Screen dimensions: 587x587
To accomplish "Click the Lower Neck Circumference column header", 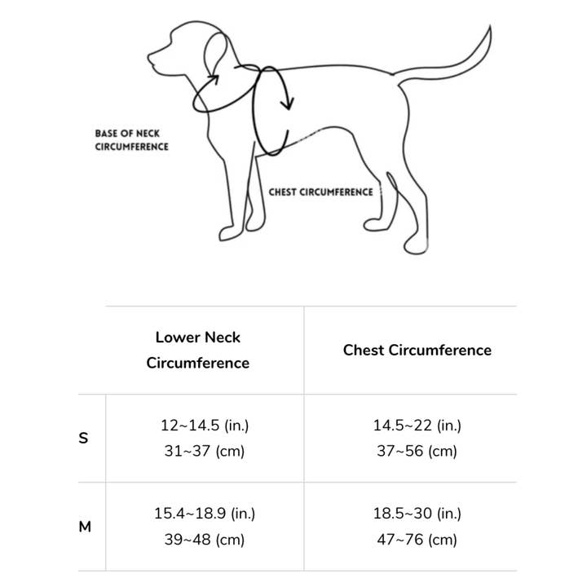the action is tap(198, 350).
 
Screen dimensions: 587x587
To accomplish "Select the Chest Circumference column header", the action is tap(417, 350).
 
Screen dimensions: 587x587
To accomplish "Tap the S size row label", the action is tap(83, 438).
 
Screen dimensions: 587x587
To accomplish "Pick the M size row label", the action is tap(85, 527).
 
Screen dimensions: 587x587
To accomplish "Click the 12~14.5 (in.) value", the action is tap(204, 425).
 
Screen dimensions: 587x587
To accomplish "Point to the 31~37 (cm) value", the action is tap(204, 450).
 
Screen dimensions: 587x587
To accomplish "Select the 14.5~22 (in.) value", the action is tap(417, 425).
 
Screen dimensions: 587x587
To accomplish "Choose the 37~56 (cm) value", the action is tap(417, 450).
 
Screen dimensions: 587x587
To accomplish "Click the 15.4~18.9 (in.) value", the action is tap(204, 514).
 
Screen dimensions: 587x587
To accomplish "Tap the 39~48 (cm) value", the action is tap(204, 539).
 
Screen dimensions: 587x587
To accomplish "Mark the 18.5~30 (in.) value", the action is tap(417, 514).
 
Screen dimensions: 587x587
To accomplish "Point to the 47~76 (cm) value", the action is tap(417, 539).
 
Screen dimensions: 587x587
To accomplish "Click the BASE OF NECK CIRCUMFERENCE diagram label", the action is tap(131, 139).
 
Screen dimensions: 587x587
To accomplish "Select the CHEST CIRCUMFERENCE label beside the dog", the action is tap(320, 192).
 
